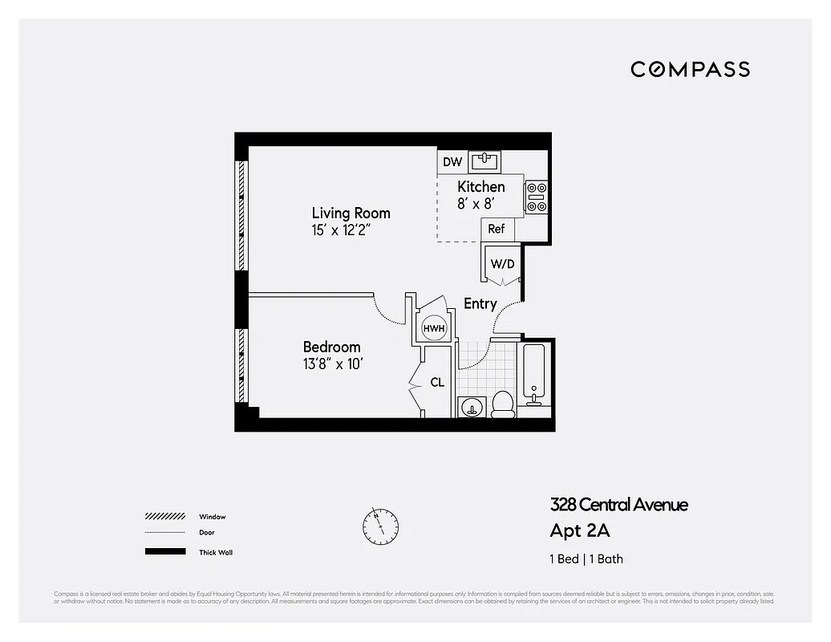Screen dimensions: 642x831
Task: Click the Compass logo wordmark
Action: click(690, 69)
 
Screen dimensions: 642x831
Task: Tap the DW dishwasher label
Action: click(452, 162)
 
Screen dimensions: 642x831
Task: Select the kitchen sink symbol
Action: click(484, 162)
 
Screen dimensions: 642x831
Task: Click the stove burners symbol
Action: click(536, 197)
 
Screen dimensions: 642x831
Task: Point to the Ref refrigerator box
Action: click(497, 230)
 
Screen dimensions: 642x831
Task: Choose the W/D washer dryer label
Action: click(502, 264)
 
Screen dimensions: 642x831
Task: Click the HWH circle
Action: click(434, 328)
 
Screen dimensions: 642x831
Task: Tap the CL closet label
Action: click(437, 383)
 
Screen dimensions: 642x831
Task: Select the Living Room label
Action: click(351, 213)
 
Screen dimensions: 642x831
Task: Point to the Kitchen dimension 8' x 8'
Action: click(475, 204)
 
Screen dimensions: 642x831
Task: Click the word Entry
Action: click(480, 304)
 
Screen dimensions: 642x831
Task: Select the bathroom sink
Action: click(472, 407)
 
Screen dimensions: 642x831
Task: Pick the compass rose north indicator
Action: click(379, 524)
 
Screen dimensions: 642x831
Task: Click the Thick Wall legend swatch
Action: click(164, 552)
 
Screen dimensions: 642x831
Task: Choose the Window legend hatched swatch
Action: click(164, 517)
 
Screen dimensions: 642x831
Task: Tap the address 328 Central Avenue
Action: click(618, 505)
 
